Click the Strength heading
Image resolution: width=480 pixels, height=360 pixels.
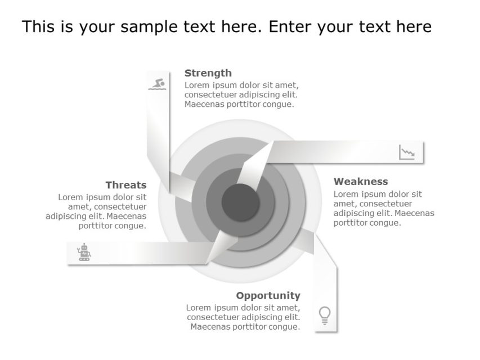(208, 73)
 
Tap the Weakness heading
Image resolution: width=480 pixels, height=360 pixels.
(361, 182)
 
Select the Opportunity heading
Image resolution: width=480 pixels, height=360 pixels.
(268, 296)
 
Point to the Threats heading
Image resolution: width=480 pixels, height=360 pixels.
(125, 185)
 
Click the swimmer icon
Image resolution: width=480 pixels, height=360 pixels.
(158, 84)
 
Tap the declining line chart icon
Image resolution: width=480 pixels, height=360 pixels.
(407, 152)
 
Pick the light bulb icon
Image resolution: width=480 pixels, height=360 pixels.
(325, 315)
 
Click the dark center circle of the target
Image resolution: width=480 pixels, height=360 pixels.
(240, 201)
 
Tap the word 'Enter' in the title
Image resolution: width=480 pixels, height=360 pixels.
(292, 27)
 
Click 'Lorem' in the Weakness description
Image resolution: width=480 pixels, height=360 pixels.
(346, 195)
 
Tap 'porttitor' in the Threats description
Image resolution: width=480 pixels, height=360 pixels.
(97, 226)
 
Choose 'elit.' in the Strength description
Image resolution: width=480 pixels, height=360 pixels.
(289, 94)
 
